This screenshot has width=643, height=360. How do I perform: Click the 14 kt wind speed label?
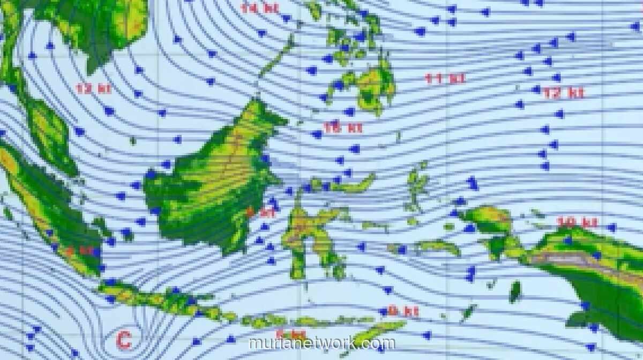pyautogui.click(x=259, y=8)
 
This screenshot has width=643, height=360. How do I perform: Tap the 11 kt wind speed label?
pyautogui.click(x=445, y=79)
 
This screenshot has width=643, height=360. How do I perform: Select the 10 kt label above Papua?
pyautogui.click(x=577, y=222)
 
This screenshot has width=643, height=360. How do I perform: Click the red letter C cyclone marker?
pyautogui.click(x=124, y=340)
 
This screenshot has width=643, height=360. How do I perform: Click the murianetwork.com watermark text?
pyautogui.click(x=322, y=343)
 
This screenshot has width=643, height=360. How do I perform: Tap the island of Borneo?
pyautogui.click(x=214, y=182)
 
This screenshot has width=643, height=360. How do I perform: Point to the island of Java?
pyautogui.click(x=161, y=300)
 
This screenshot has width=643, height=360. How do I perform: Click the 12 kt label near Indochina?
pyautogui.click(x=94, y=89)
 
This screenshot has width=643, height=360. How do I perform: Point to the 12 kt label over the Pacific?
pyautogui.click(x=563, y=93)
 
